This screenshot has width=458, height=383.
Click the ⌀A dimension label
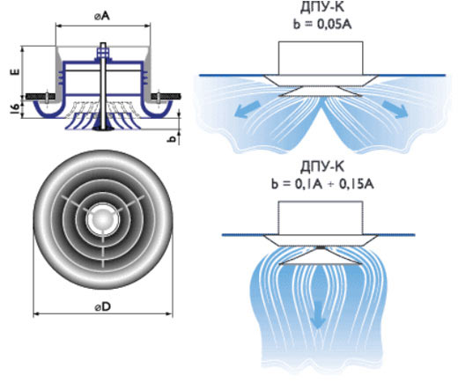102,17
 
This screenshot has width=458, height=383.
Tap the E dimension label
16,71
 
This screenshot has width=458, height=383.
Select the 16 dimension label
16,108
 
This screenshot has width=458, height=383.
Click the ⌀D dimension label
103,307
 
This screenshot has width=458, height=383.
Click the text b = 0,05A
322,25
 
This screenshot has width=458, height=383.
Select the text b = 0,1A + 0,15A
322,185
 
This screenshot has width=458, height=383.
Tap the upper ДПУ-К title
322,8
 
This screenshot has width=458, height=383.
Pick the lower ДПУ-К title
322,167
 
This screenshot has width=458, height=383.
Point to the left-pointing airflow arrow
247,109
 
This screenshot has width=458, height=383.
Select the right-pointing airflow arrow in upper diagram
395,109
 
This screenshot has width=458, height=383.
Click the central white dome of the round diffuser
103,219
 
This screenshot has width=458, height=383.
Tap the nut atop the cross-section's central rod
103,53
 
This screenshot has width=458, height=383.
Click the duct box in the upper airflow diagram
321,58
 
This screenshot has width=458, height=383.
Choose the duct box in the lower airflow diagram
321,218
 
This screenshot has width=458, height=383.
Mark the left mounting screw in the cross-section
47,99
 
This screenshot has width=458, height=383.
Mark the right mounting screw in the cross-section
159,99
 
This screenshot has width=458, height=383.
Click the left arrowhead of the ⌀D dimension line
36,314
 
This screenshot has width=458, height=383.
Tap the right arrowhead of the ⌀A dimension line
147,26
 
